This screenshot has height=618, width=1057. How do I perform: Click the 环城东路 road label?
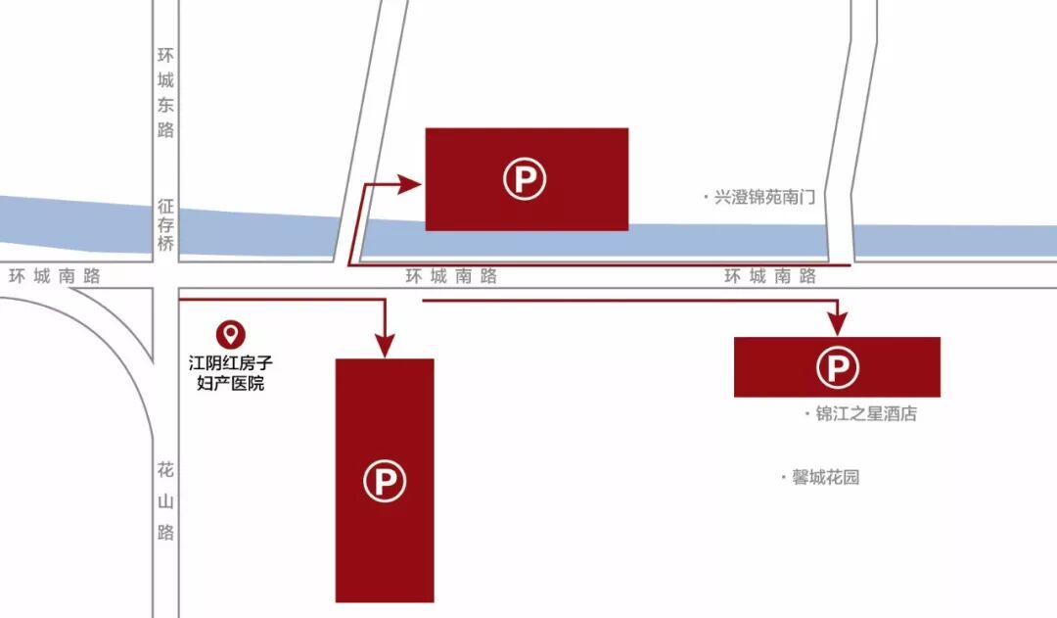pos(165,93)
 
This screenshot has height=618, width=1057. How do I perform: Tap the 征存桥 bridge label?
pos(165,225)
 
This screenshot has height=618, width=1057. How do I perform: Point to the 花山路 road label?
pos(165,501)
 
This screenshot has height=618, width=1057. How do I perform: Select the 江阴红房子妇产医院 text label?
pos(231,372)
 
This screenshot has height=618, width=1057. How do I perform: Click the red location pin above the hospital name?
pos(231,334)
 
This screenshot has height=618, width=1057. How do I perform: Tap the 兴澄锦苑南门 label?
pos(764,197)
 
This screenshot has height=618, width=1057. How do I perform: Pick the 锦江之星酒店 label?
pos(866,413)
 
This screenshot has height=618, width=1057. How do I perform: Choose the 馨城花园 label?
pos(825,478)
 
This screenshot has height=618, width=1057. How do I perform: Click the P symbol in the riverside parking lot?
pos(526,179)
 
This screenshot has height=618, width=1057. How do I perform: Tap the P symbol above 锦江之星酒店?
pos(838,367)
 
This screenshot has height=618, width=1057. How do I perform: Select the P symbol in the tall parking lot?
pos(385,481)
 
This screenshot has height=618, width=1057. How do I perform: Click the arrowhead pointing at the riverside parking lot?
pos(411,182)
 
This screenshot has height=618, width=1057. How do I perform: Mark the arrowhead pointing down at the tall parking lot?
pos(385,346)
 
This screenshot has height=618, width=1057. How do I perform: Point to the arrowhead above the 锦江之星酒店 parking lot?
pos(837,324)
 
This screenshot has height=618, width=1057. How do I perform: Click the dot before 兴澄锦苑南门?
pos(705,197)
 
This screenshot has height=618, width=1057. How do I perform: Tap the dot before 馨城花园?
pos(783,478)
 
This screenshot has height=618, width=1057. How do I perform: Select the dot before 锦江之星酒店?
pos(806,413)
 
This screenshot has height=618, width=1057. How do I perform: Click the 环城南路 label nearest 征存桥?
pos(55,276)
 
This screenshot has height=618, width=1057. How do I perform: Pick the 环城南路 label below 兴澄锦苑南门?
pos(770,276)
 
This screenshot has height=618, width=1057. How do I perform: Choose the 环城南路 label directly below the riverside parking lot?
pos(451,276)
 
